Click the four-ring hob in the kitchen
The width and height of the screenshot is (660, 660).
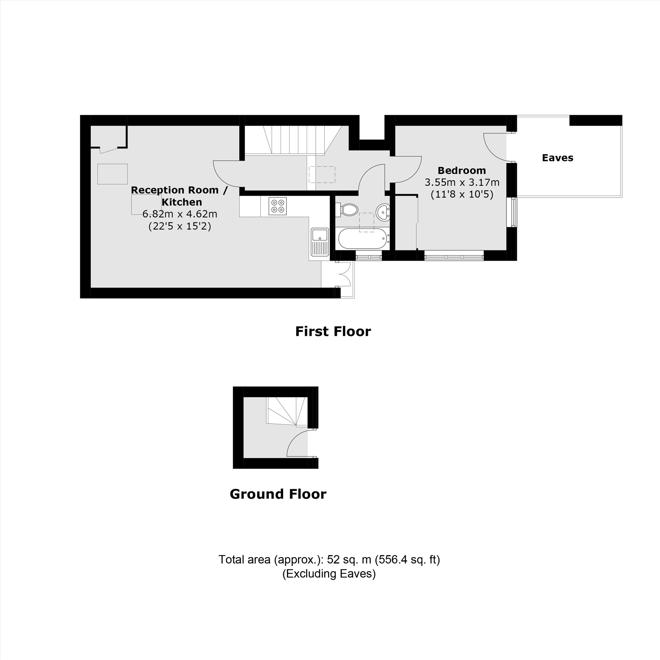[278, 206]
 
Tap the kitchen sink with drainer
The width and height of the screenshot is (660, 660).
[320, 242]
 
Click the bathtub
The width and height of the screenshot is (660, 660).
[362, 239]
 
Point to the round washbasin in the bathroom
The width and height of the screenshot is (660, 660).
[383, 212]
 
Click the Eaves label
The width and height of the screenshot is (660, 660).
[557, 158]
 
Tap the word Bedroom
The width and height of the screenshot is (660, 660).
[462, 171]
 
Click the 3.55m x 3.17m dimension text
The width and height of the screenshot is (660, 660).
[462, 182]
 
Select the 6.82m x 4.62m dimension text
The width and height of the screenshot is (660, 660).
[180, 214]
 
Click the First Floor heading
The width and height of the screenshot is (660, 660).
[333, 332]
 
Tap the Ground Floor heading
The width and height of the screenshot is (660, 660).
[278, 494]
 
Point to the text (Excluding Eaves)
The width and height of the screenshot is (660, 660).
[329, 574]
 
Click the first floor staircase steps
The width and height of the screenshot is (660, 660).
[294, 140]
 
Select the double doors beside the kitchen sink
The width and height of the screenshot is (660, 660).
[344, 274]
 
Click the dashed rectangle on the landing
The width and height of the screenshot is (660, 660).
[322, 175]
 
